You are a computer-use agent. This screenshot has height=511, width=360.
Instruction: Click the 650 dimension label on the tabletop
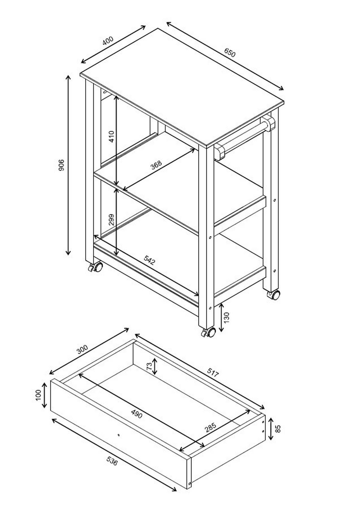(230, 53)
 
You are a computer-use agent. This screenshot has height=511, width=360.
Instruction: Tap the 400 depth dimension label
(108, 41)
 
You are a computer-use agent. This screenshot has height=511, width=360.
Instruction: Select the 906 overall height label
(61, 165)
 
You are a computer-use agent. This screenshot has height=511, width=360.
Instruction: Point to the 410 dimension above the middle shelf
(111, 136)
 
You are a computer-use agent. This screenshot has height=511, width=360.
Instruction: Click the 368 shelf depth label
(156, 165)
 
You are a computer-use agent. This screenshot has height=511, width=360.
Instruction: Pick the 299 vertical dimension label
(111, 220)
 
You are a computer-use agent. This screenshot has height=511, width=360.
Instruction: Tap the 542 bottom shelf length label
(149, 260)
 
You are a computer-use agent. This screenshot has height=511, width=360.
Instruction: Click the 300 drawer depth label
(82, 350)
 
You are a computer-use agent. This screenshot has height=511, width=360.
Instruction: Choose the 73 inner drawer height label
(149, 366)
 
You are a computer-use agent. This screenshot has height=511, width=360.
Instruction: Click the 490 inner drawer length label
(136, 414)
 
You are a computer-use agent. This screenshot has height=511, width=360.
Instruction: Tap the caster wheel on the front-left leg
(96, 267)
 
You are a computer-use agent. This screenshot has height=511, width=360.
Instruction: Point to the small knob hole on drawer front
(118, 435)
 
